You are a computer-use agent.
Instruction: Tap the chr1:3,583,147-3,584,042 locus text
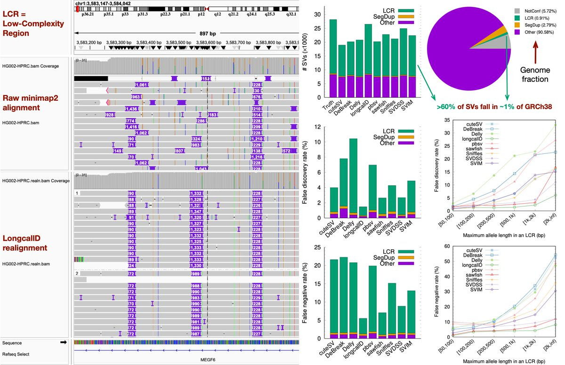104,3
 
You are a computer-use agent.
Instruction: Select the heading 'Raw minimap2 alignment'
29,103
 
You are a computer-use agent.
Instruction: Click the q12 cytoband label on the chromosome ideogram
218,15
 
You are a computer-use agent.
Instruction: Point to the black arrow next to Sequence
63,343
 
